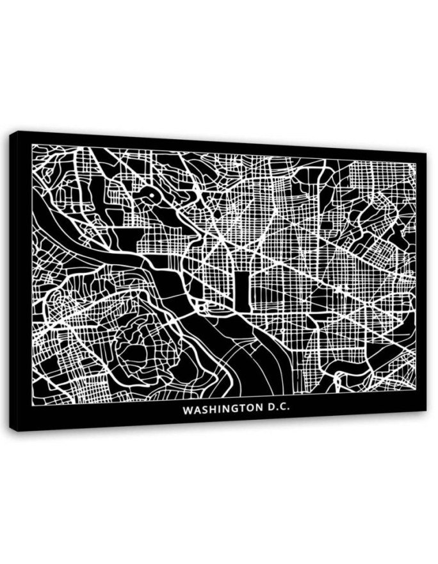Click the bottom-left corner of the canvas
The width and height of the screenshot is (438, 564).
point(12,430)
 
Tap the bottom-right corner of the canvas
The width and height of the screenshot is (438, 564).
point(425,411)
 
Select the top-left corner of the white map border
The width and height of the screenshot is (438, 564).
point(32,145)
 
